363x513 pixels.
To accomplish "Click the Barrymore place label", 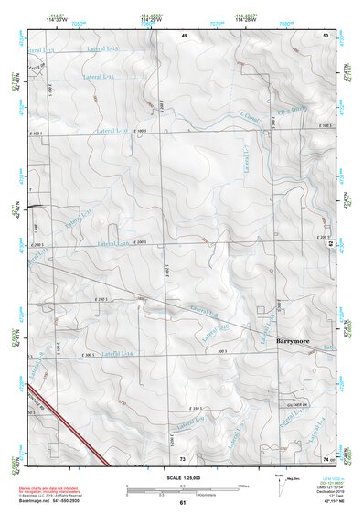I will pyautogui.click(x=292, y=340).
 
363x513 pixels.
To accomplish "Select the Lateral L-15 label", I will pyautogui.click(x=98, y=78).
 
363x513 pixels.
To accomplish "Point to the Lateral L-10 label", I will pyautogui.click(x=112, y=132).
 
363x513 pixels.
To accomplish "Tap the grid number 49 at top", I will pyautogui.click(x=184, y=35).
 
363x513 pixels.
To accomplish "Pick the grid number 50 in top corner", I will pyautogui.click(x=326, y=35).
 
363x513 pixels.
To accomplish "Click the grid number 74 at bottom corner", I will pyautogui.click(x=326, y=457).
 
